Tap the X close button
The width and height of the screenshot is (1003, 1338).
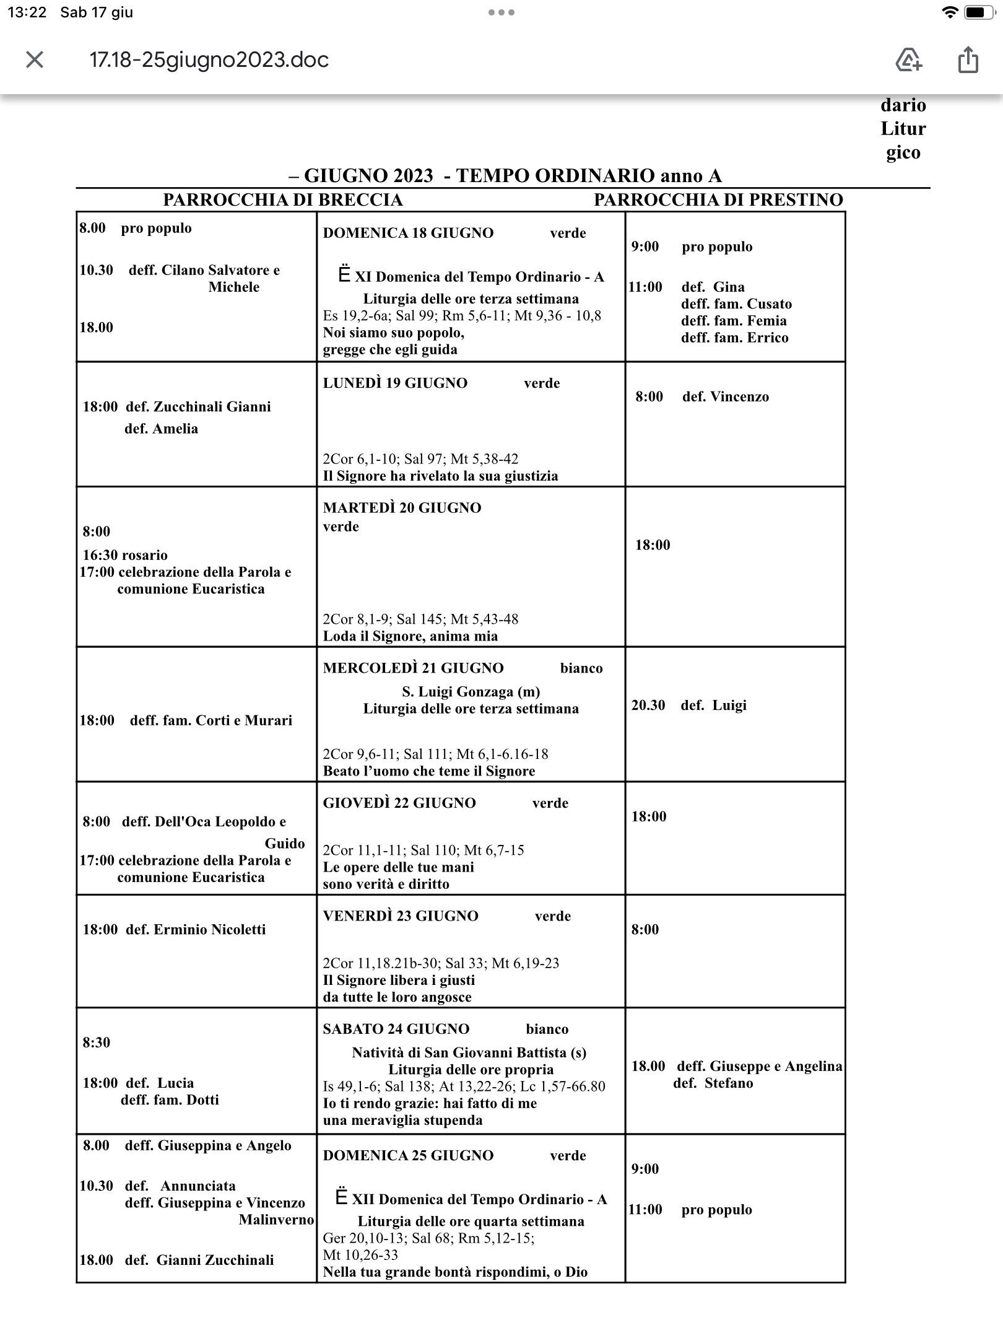click(x=35, y=60)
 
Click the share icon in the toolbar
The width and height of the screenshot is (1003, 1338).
click(x=968, y=60)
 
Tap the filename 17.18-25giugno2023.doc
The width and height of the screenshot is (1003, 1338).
click(x=209, y=60)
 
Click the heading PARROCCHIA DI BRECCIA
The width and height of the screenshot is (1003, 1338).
click(x=282, y=199)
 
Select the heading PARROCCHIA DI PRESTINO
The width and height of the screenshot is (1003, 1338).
click(x=718, y=199)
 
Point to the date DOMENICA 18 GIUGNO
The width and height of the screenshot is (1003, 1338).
click(x=408, y=233)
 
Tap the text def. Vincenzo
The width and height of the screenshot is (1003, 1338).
click(x=725, y=396)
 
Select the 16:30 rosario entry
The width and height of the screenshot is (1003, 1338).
click(x=125, y=555)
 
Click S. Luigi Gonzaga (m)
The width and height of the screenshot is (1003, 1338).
click(x=471, y=691)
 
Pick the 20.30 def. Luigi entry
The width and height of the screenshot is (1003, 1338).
click(x=688, y=705)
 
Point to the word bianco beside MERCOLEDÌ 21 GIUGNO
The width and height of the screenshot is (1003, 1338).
click(x=581, y=668)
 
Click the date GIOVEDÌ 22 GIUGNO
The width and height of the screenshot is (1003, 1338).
click(x=399, y=803)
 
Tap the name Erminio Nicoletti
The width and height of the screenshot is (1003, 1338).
click(x=209, y=929)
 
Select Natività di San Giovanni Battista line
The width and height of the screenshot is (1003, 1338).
click(x=469, y=1052)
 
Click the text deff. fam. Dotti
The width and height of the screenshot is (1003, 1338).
click(x=170, y=1100)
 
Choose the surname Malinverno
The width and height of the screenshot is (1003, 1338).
click(x=276, y=1220)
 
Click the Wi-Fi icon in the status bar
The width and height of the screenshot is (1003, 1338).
click(x=949, y=12)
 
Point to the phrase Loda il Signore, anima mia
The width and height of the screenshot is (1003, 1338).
click(x=410, y=636)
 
